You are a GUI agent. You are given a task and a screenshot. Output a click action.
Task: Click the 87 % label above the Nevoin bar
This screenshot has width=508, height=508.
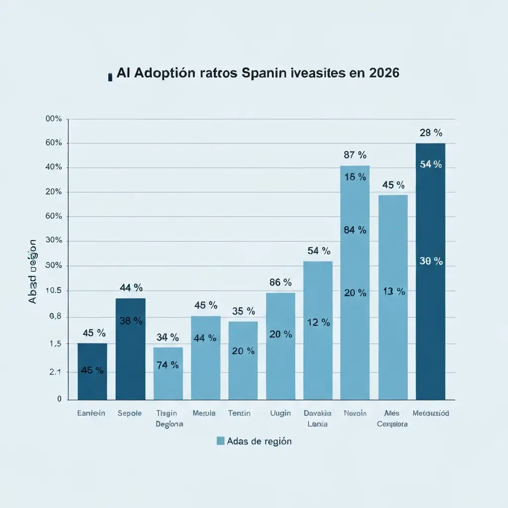tap(355, 155)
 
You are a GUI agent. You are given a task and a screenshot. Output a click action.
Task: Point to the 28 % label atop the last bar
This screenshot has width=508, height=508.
tap(430, 133)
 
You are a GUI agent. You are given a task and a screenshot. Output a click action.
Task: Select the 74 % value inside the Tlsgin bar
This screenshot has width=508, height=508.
tap(168, 365)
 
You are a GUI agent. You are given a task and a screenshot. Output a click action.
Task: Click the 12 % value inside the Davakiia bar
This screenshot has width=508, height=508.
tap(318, 322)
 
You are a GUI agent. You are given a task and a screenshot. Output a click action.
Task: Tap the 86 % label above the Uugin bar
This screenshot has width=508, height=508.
tap(281, 282)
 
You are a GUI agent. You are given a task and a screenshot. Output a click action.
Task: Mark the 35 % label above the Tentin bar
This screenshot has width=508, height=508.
tap(244, 311)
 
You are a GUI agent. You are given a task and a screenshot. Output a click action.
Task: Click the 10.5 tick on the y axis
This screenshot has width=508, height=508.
tap(53, 291)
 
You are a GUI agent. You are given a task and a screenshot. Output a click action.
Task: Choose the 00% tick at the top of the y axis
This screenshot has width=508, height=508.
tap(53, 119)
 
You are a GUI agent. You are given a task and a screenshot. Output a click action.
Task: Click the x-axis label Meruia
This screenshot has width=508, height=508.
tap(204, 413)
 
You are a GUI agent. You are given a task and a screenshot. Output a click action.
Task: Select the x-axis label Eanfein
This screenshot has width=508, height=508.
tap(91, 413)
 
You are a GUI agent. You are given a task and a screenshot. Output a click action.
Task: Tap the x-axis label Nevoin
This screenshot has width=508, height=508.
tap(355, 413)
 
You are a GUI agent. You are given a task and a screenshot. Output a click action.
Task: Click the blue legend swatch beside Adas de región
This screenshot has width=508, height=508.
tap(220, 441)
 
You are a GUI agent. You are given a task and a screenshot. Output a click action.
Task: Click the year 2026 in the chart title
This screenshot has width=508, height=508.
tap(384, 73)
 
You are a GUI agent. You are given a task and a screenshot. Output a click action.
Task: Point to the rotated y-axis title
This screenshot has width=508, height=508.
tap(32, 271)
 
